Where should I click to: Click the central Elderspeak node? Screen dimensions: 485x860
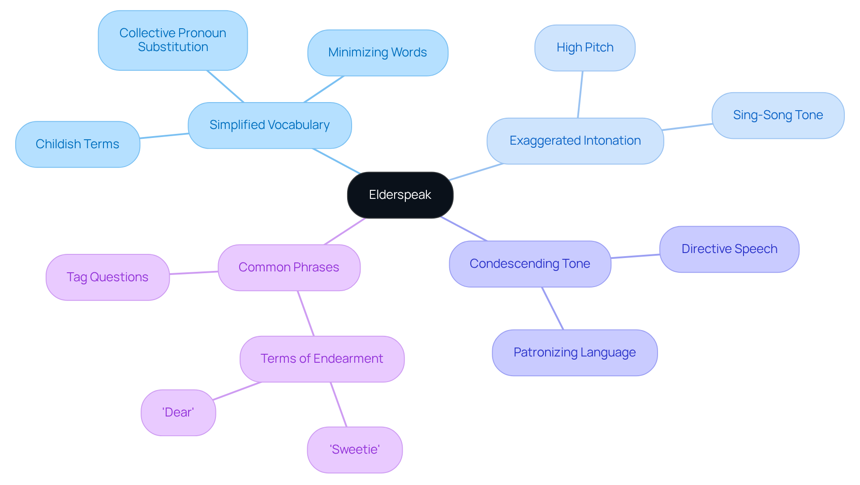[x=400, y=195]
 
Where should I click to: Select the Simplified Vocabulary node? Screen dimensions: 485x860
[x=270, y=125]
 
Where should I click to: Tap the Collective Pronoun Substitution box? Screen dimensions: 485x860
[x=173, y=40]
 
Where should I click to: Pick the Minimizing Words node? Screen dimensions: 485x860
[x=378, y=52]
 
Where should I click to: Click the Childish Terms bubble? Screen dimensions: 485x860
[x=77, y=144]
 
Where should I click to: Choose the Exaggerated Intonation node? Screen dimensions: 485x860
[x=575, y=141]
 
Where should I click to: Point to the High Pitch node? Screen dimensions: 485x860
[x=585, y=47]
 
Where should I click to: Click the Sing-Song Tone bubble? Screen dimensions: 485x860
[x=778, y=115]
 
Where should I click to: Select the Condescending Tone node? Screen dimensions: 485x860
[x=530, y=264]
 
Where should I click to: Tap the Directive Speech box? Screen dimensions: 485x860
[x=729, y=249]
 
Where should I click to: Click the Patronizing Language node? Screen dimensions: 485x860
[x=575, y=352]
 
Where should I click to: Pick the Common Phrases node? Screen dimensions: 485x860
[x=289, y=267]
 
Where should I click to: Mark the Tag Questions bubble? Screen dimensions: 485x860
[x=107, y=277]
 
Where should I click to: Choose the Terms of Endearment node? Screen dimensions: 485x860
[x=322, y=359]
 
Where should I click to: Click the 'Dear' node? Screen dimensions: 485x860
[x=178, y=412]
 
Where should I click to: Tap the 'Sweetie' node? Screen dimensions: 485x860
[x=355, y=450]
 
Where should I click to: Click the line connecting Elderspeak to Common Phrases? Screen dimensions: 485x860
[x=345, y=231]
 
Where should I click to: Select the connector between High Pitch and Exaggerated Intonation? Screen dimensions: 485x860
[x=580, y=94]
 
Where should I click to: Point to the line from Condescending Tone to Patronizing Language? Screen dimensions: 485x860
[x=553, y=309]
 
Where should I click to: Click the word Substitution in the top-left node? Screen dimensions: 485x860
[x=173, y=47]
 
